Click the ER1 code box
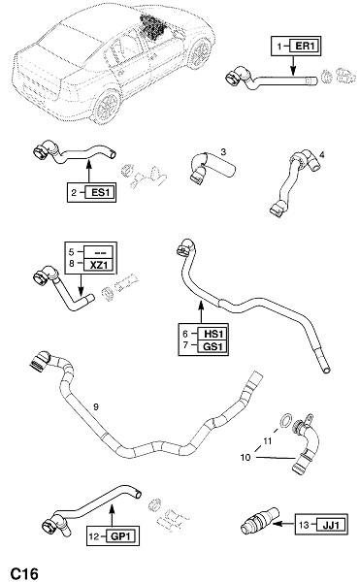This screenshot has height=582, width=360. pos(305,46)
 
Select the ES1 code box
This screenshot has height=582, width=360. pos(100,193)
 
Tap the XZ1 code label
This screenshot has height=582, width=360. pos(98,265)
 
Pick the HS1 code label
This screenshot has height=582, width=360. pos(213,334)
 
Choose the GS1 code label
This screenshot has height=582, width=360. pos(213,346)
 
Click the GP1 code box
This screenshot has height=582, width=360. pos(121,536)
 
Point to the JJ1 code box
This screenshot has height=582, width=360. pos(330,525)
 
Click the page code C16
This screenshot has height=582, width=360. pos(24,573)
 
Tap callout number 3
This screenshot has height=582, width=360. pos(223,152)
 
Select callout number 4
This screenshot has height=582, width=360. pos(321,154)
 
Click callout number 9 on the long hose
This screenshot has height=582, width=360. pos(96,407)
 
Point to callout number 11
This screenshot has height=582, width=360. pos(267,441)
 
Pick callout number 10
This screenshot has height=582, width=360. pos(245,457)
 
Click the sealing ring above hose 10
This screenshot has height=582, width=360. pos(285,420)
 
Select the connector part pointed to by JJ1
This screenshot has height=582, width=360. pos(259,520)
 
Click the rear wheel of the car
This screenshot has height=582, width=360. pos(107,106)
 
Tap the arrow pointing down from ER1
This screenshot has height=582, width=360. pos(293,65)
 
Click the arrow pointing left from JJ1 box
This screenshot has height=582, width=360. pos(283,524)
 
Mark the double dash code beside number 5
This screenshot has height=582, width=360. pos(100,252)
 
